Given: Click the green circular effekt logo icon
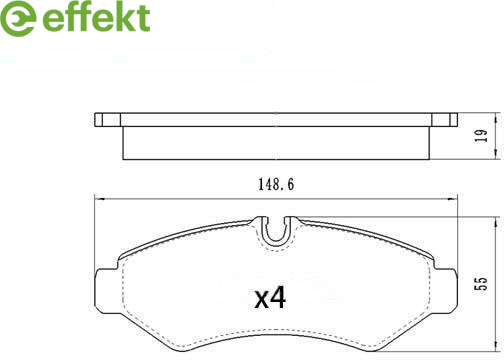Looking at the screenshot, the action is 17,17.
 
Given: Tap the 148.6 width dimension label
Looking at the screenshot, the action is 276,184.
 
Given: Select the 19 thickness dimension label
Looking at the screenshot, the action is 481,136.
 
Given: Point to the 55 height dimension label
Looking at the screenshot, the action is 482,283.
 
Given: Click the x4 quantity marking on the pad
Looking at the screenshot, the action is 270,298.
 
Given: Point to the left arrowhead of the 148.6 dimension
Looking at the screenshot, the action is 100,199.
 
